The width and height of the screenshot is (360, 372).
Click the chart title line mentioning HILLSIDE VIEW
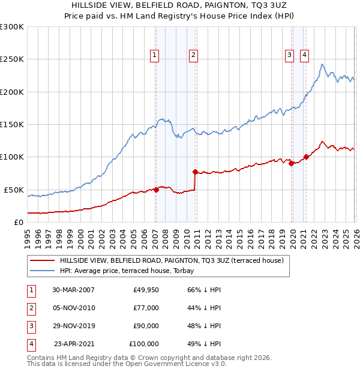[180, 5]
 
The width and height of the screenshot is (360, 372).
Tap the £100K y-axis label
[12, 157]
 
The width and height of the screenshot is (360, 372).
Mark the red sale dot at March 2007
[156, 190]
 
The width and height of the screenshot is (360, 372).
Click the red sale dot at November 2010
[195, 172]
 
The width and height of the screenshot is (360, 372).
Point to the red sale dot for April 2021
[306, 157]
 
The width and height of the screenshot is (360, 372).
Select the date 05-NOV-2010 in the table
[73, 308]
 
